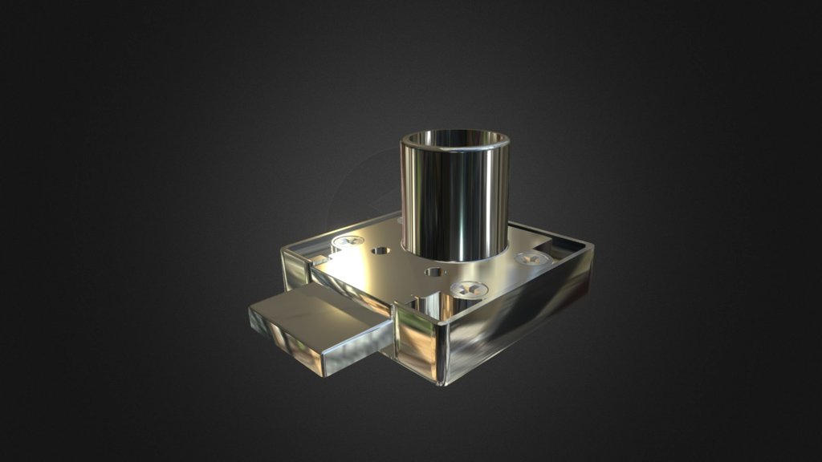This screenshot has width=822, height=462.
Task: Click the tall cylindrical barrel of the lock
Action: (454, 201)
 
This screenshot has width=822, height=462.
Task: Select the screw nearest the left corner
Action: (348, 240)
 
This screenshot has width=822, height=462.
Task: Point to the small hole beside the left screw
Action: (380, 250)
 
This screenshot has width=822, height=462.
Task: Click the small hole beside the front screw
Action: (433, 272)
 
